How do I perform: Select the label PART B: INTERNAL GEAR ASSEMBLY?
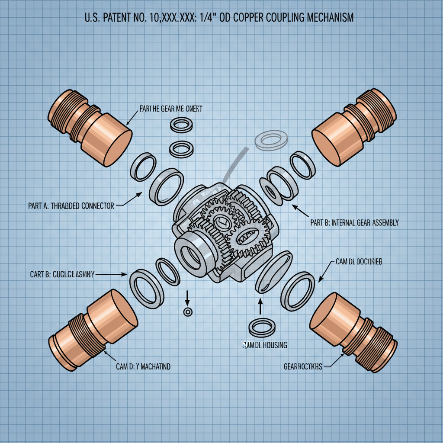pyautogui.click(x=354, y=223)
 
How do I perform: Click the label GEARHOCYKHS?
pyautogui.click(x=303, y=366)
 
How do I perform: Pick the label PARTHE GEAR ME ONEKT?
pyautogui.click(x=171, y=109)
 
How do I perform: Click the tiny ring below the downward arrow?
pyautogui.click(x=188, y=312)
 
